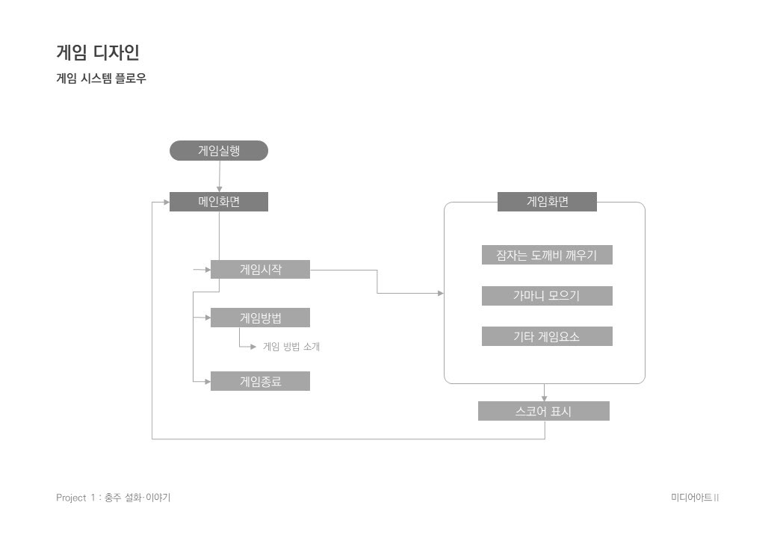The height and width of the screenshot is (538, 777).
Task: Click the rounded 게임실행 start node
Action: point(218,151)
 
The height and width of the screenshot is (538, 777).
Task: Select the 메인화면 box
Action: point(218,202)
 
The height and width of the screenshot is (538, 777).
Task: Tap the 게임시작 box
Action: point(260,269)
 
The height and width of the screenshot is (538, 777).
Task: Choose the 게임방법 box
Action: point(260,318)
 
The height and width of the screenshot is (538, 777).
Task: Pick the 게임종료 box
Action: point(260,381)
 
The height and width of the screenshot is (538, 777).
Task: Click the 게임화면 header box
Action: point(547,202)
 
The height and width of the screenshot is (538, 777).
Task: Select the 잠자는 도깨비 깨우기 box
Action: point(547,255)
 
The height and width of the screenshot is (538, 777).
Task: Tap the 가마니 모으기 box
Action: point(547,296)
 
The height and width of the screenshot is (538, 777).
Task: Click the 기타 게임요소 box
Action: point(547,336)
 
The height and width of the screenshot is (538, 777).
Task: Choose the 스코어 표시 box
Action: point(543,411)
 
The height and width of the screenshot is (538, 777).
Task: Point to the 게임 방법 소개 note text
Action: point(291,347)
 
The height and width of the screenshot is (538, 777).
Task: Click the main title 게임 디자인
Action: point(98,53)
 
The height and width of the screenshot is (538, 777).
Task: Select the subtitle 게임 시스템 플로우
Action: point(101,78)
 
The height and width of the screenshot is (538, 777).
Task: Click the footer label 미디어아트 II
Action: point(695,498)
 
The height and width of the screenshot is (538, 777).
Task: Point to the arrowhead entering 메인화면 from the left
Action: point(166,202)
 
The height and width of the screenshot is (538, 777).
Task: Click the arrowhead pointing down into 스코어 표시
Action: point(544,398)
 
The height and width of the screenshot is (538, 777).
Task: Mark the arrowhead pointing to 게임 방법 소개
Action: point(254,347)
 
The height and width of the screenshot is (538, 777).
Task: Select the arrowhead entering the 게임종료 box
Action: point(207,381)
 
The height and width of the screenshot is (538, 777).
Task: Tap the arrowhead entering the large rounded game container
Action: point(440,294)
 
